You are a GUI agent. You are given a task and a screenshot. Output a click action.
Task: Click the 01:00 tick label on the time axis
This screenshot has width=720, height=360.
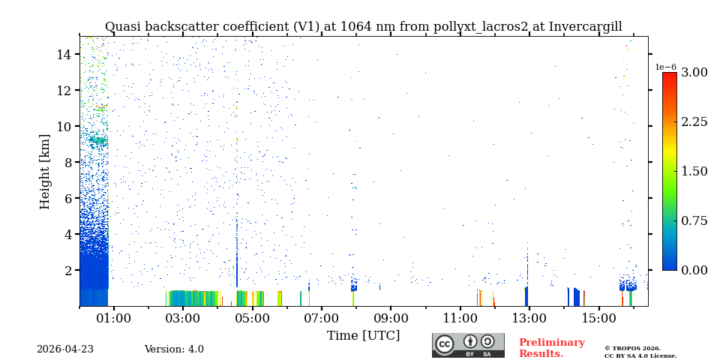point(114,318)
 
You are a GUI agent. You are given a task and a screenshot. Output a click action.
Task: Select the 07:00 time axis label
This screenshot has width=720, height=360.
point(321,318)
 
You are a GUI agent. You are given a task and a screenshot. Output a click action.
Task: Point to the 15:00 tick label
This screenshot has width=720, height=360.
point(598,318)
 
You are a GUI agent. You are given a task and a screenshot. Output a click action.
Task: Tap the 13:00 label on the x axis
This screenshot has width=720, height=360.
point(529,318)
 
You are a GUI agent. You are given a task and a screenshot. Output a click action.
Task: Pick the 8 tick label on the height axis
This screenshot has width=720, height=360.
point(67,162)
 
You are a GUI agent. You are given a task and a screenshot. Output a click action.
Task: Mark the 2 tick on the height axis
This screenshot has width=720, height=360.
point(67,270)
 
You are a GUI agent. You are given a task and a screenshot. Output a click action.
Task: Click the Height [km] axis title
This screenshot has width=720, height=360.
point(45,171)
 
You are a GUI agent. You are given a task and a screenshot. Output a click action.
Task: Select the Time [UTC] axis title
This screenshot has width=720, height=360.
point(363,335)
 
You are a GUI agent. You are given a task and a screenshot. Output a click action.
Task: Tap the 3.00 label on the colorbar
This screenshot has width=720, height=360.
point(694,72)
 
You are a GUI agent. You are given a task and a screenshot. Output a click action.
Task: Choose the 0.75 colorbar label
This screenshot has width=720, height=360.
point(694,220)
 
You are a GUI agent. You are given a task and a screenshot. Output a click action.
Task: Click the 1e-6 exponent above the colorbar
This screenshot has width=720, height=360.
point(666,67)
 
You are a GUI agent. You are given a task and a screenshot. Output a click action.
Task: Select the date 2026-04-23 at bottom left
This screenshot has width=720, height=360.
point(65,349)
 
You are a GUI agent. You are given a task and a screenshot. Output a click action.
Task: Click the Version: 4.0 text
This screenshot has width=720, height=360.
point(174,349)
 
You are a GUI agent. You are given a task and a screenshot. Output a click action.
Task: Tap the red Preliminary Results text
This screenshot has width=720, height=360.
point(551,348)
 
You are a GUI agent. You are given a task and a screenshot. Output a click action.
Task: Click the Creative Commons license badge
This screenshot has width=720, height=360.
point(468,345)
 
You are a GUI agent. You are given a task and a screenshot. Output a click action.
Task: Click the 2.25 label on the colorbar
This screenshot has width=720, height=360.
point(694,121)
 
